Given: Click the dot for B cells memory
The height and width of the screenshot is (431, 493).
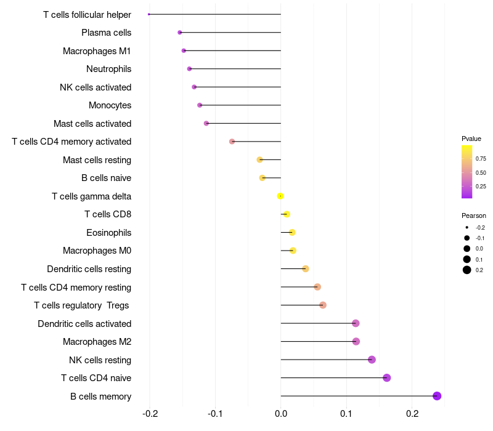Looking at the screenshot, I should [437, 396].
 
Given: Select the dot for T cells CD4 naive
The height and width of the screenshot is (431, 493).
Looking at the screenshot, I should [386, 377].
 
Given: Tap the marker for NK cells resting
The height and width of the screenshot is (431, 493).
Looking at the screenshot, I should [372, 360].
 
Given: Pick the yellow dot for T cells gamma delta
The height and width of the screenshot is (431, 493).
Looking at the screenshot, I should [280, 196].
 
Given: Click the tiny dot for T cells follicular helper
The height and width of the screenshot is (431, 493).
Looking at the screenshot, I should [149, 14].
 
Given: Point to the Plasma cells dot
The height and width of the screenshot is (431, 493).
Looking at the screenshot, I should [180, 32].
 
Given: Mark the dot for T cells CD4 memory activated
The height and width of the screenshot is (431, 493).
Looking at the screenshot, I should [232, 142].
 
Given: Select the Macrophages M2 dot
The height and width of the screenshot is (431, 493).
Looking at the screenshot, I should [356, 341].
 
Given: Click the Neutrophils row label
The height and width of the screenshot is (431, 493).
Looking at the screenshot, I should [108, 69].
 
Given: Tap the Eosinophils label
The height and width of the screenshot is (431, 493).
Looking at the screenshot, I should [108, 233].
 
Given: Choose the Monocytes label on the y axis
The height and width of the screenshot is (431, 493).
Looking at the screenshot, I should [110, 105].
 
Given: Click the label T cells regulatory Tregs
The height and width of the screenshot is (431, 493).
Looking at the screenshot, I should [83, 305].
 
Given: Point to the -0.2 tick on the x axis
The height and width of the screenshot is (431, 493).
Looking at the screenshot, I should [150, 414].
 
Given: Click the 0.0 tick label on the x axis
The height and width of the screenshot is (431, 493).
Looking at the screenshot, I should [281, 414].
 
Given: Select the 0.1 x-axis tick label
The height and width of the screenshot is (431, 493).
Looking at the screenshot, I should [346, 414].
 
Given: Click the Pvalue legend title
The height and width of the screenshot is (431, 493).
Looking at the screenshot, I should [471, 139].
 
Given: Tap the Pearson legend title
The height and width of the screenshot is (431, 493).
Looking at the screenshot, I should [474, 216].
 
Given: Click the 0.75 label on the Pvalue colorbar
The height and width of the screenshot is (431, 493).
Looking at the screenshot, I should [481, 159].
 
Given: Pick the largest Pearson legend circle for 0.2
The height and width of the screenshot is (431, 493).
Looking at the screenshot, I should [467, 270].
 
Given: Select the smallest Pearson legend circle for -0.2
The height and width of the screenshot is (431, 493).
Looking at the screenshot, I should [467, 227].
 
